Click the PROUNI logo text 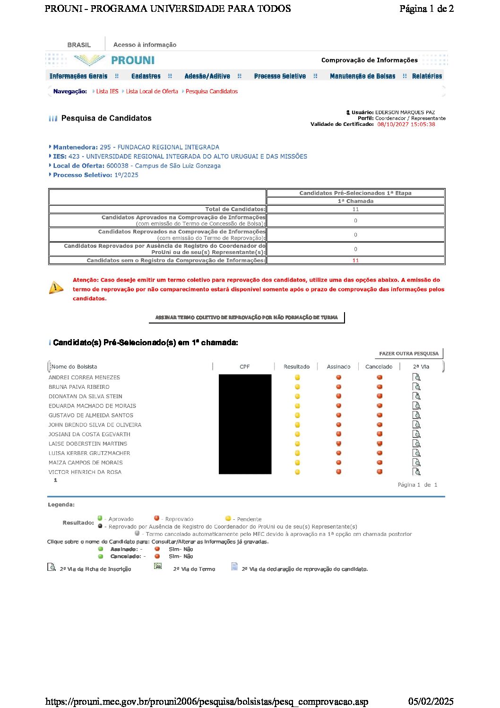click(132, 61)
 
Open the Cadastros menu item click(146, 76)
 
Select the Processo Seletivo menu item click(280, 76)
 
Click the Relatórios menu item click(427, 76)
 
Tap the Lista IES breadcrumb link click(107, 92)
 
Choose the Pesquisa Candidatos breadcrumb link click(211, 92)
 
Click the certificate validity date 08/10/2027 click(406, 124)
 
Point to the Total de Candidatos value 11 click(355, 209)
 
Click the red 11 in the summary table click(355, 261)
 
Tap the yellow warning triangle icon click(56, 288)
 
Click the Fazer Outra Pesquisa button click(409, 354)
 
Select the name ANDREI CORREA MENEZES click(84, 377)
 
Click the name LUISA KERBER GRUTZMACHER click(89, 453)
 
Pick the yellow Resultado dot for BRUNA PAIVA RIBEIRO click(297, 387)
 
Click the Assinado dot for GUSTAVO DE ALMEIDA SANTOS click(339, 415)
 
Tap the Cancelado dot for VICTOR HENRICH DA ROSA click(379, 472)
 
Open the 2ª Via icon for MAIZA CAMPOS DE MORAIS click(417, 463)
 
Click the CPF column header click(244, 367)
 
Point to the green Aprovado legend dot click(100, 518)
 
